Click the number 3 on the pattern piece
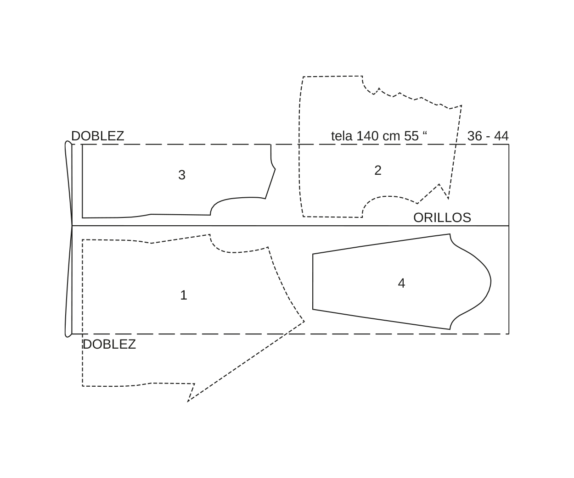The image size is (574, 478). [182, 175]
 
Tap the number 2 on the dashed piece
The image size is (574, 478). [378, 170]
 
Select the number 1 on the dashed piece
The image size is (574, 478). [184, 295]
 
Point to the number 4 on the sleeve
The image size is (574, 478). [401, 283]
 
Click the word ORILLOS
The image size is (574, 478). [442, 217]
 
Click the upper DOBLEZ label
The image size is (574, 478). [98, 136]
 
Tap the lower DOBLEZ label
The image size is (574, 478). [109, 344]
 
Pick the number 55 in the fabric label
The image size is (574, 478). [411, 136]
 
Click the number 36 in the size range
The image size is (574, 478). [474, 136]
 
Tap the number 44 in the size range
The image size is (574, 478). [501, 136]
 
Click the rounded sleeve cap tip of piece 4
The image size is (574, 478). [491, 281]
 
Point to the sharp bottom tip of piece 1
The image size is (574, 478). [188, 401]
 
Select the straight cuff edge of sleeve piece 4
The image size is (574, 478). [313, 282]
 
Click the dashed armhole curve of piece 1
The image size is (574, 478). [234, 252]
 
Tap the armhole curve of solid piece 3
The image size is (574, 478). [234, 199]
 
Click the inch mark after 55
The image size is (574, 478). [425, 133]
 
